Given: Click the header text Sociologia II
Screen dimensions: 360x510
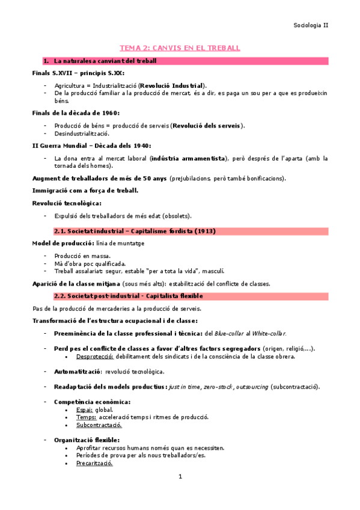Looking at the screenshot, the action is [x=311, y=25].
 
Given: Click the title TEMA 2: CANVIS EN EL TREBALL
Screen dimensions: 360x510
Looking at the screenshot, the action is [x=180, y=48].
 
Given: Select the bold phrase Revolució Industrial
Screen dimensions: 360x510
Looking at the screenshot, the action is [x=172, y=85].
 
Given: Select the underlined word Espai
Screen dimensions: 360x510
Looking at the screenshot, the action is [x=84, y=409].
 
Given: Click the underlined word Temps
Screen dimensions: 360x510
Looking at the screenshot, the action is [x=87, y=417].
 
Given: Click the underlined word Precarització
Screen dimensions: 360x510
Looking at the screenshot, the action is [x=94, y=463].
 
